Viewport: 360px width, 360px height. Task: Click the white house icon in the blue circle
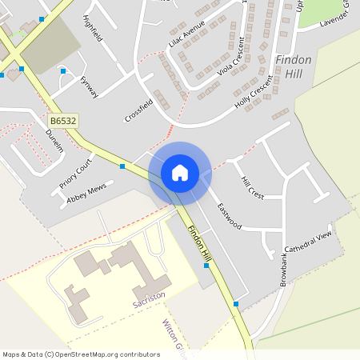(x=180, y=172)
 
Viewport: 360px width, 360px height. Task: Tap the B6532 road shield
(x=63, y=121)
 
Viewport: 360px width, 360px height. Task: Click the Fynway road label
(x=90, y=87)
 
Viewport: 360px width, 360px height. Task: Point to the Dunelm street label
(x=54, y=142)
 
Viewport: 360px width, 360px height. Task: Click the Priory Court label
(x=76, y=172)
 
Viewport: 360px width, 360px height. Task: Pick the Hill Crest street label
(x=252, y=188)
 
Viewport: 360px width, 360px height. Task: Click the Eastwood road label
(x=229, y=215)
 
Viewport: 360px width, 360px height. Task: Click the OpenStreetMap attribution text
(x=81, y=354)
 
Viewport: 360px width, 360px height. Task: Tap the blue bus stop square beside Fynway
(x=63, y=71)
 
